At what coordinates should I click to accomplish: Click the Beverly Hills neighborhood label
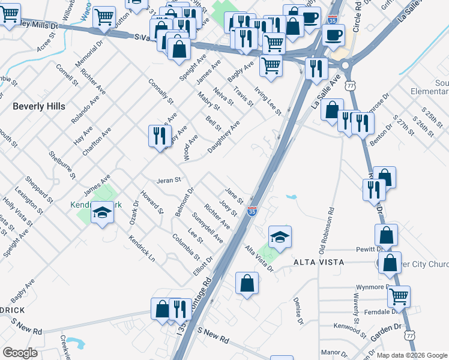[38, 106]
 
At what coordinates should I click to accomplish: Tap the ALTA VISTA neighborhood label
[318, 262]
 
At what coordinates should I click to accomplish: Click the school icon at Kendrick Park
[102, 213]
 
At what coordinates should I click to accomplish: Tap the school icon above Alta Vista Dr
[280, 238]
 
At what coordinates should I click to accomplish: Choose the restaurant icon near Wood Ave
[160, 136]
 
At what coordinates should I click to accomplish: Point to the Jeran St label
[169, 180]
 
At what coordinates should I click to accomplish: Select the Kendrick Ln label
[142, 248]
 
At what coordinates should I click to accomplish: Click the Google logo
[20, 353]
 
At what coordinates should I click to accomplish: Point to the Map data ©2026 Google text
[412, 355]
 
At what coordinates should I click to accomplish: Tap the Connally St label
[161, 91]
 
